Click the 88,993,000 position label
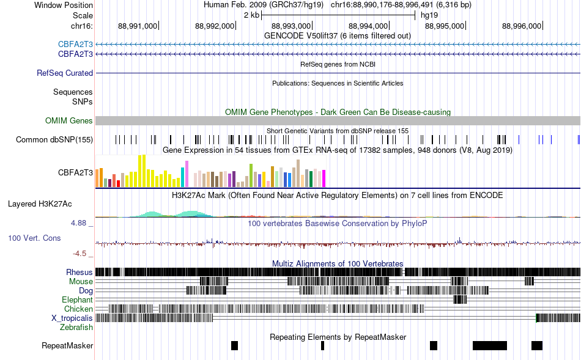291,26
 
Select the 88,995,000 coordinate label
444,26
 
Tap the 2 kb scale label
251,15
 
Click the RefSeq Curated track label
65,73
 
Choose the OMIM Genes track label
69,121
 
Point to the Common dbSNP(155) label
54,139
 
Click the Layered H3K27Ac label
40,204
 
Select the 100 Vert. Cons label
34,238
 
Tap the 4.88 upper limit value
78,223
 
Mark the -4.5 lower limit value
80,254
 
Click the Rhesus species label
80,273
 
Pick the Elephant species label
77,300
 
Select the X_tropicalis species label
72,318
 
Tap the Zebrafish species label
76,328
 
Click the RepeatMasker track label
67,345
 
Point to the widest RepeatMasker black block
490,345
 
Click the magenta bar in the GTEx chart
324,178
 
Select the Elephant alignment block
460,299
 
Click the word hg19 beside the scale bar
429,15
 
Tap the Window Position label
64,5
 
